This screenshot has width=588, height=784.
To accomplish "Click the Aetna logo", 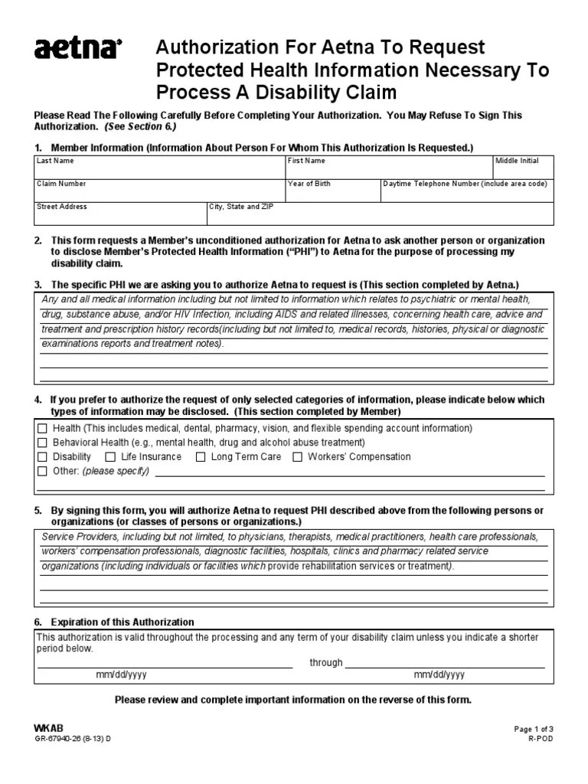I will (x=77, y=50).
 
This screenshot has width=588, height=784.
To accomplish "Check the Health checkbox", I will (x=42, y=428).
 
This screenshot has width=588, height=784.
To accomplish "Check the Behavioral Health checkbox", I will (x=42, y=443).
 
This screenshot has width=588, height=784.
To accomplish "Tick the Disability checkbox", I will (x=42, y=457).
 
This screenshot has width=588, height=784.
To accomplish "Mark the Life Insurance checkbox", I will (x=111, y=457).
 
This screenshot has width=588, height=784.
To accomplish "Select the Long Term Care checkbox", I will (x=201, y=457).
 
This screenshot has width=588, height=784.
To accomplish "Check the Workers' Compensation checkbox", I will (x=297, y=457).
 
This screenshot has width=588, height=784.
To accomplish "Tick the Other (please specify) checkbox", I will (x=42, y=471).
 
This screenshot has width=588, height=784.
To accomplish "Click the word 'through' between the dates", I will (x=326, y=662).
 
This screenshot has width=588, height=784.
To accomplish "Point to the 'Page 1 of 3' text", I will (x=534, y=730).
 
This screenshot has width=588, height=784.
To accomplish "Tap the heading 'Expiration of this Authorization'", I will (x=122, y=622).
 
